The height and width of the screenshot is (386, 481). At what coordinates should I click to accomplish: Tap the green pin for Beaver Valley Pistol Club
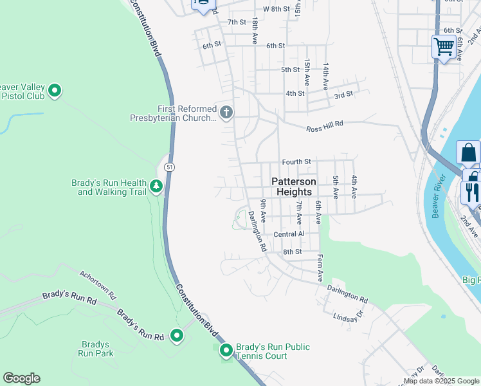click(x=55, y=91)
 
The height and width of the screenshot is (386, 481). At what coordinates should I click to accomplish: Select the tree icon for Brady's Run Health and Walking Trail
click(x=156, y=187)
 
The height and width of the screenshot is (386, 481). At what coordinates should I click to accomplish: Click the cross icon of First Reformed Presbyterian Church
click(x=226, y=113)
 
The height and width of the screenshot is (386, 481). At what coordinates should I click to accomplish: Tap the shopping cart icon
click(x=444, y=46)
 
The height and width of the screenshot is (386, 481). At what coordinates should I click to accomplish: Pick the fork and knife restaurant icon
click(x=471, y=191)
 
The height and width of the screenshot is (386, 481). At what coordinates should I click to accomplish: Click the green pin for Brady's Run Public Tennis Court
click(x=226, y=351)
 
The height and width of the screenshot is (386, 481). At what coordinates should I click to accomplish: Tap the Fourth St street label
click(x=296, y=161)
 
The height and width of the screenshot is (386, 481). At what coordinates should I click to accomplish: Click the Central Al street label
click(x=288, y=235)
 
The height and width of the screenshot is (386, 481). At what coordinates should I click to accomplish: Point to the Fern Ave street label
click(x=320, y=268)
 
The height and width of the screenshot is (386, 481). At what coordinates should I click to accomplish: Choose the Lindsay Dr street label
click(x=349, y=316)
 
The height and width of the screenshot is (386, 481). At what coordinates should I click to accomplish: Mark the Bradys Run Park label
click(x=96, y=349)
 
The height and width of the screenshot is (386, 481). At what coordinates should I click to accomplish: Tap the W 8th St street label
click(x=277, y=9)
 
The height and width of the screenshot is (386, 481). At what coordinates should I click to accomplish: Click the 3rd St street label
click(x=343, y=95)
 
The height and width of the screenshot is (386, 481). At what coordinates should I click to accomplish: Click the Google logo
click(x=21, y=378)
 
